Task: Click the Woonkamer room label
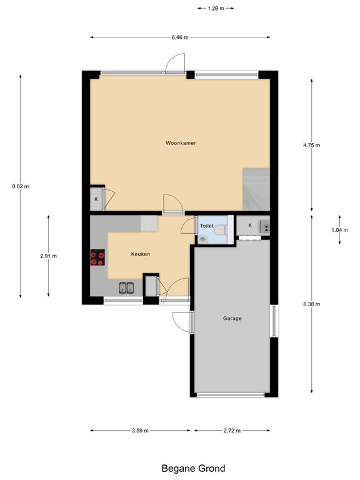(181, 143)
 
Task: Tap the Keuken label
(140, 254)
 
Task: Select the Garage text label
(232, 318)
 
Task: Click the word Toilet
(206, 226)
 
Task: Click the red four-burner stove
(97, 258)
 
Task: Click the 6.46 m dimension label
(180, 37)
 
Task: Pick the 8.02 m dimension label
(21, 186)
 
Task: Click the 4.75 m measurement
(311, 145)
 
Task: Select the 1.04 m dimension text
(339, 229)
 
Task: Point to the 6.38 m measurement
(311, 304)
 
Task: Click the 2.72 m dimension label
(231, 430)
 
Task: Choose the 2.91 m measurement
(49, 256)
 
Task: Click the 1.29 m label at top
(215, 8)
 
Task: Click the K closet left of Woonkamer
(96, 199)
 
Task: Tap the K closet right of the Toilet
(249, 225)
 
